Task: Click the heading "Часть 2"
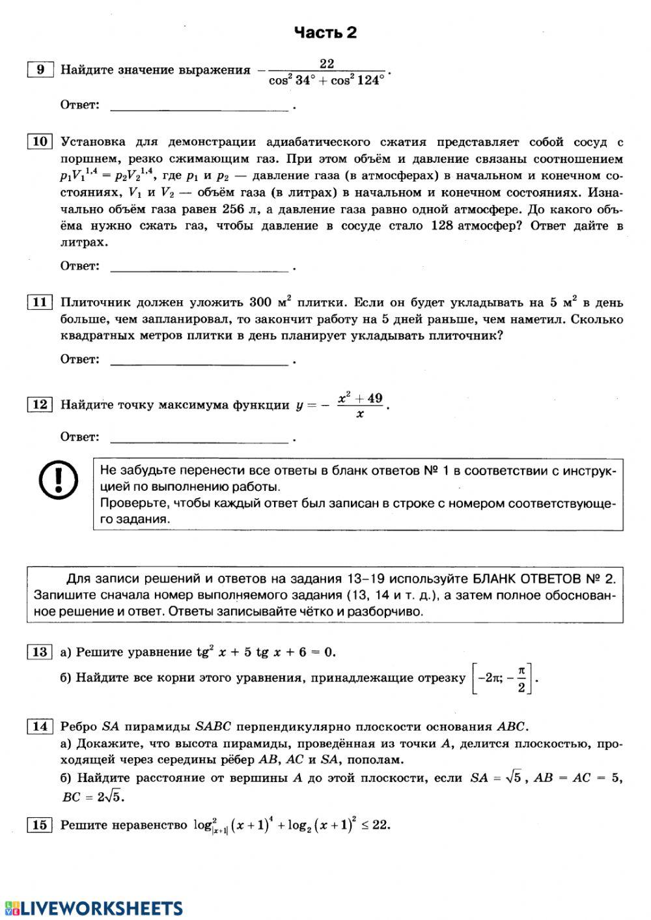(x=325, y=33)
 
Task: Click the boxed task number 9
(x=40, y=70)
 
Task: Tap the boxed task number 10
(x=40, y=141)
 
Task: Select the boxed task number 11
(x=40, y=302)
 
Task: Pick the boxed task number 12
(x=40, y=404)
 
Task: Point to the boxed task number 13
(x=40, y=652)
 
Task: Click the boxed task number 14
(x=40, y=727)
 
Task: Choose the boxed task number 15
(x=40, y=825)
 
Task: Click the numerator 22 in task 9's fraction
(x=326, y=63)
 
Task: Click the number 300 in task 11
(x=260, y=303)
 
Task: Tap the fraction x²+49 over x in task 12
(x=359, y=405)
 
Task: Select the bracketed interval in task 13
(x=502, y=678)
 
